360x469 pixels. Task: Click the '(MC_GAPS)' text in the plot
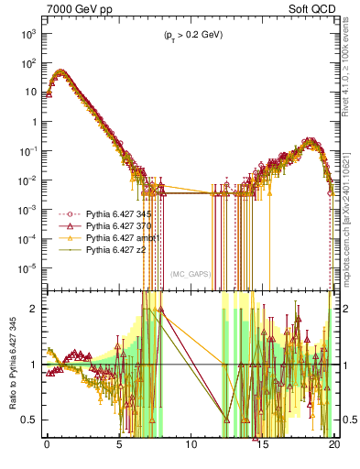click(192, 274)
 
